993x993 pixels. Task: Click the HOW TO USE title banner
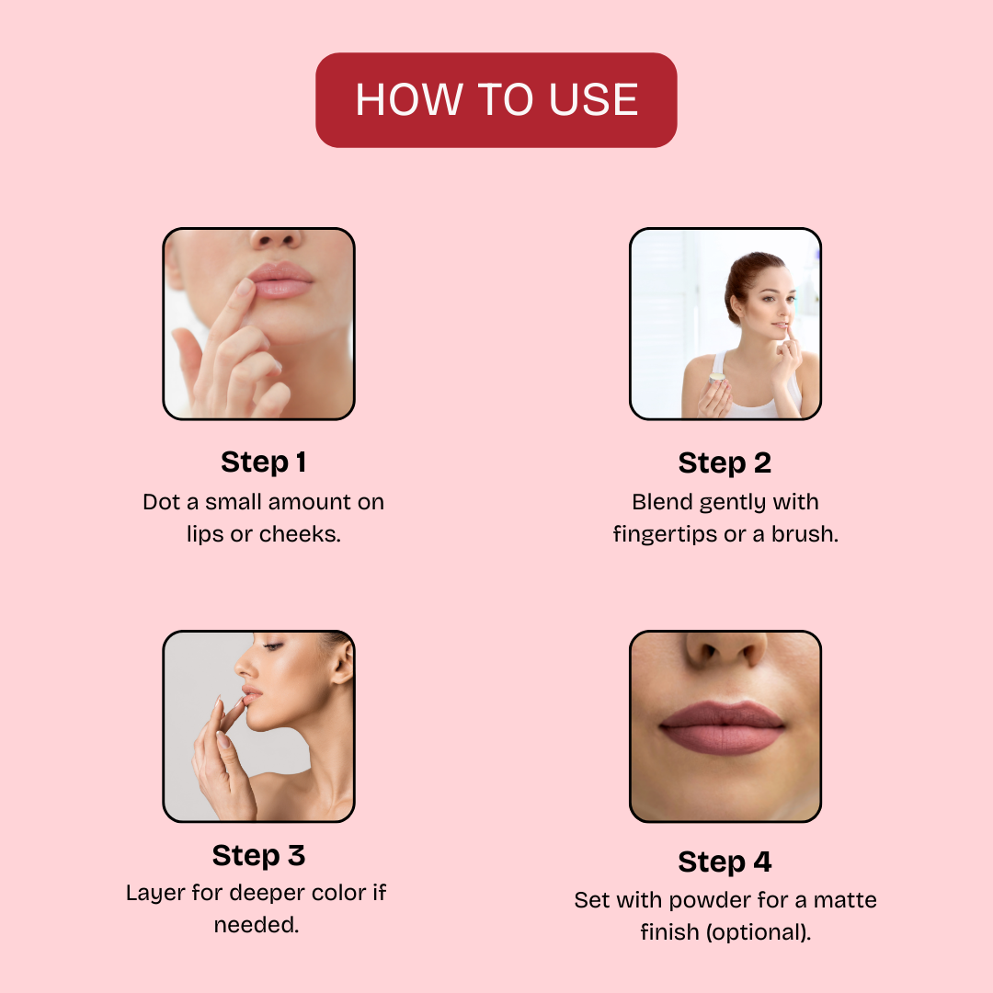coord(496,100)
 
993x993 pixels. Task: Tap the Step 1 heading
coord(264,462)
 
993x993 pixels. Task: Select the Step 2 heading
coord(725,462)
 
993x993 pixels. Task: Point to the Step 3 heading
coord(258,856)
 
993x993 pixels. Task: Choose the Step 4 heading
coord(725,862)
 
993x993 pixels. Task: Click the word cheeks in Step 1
coord(300,534)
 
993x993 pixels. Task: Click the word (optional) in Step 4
coord(759,933)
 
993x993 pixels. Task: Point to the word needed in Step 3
coord(256,925)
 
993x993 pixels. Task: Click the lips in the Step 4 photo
coord(723,727)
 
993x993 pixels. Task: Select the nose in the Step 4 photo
coord(725,650)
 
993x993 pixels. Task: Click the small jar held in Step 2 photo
coord(717,378)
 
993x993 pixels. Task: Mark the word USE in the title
coord(593,100)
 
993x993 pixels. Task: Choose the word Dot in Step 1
coord(161,502)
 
